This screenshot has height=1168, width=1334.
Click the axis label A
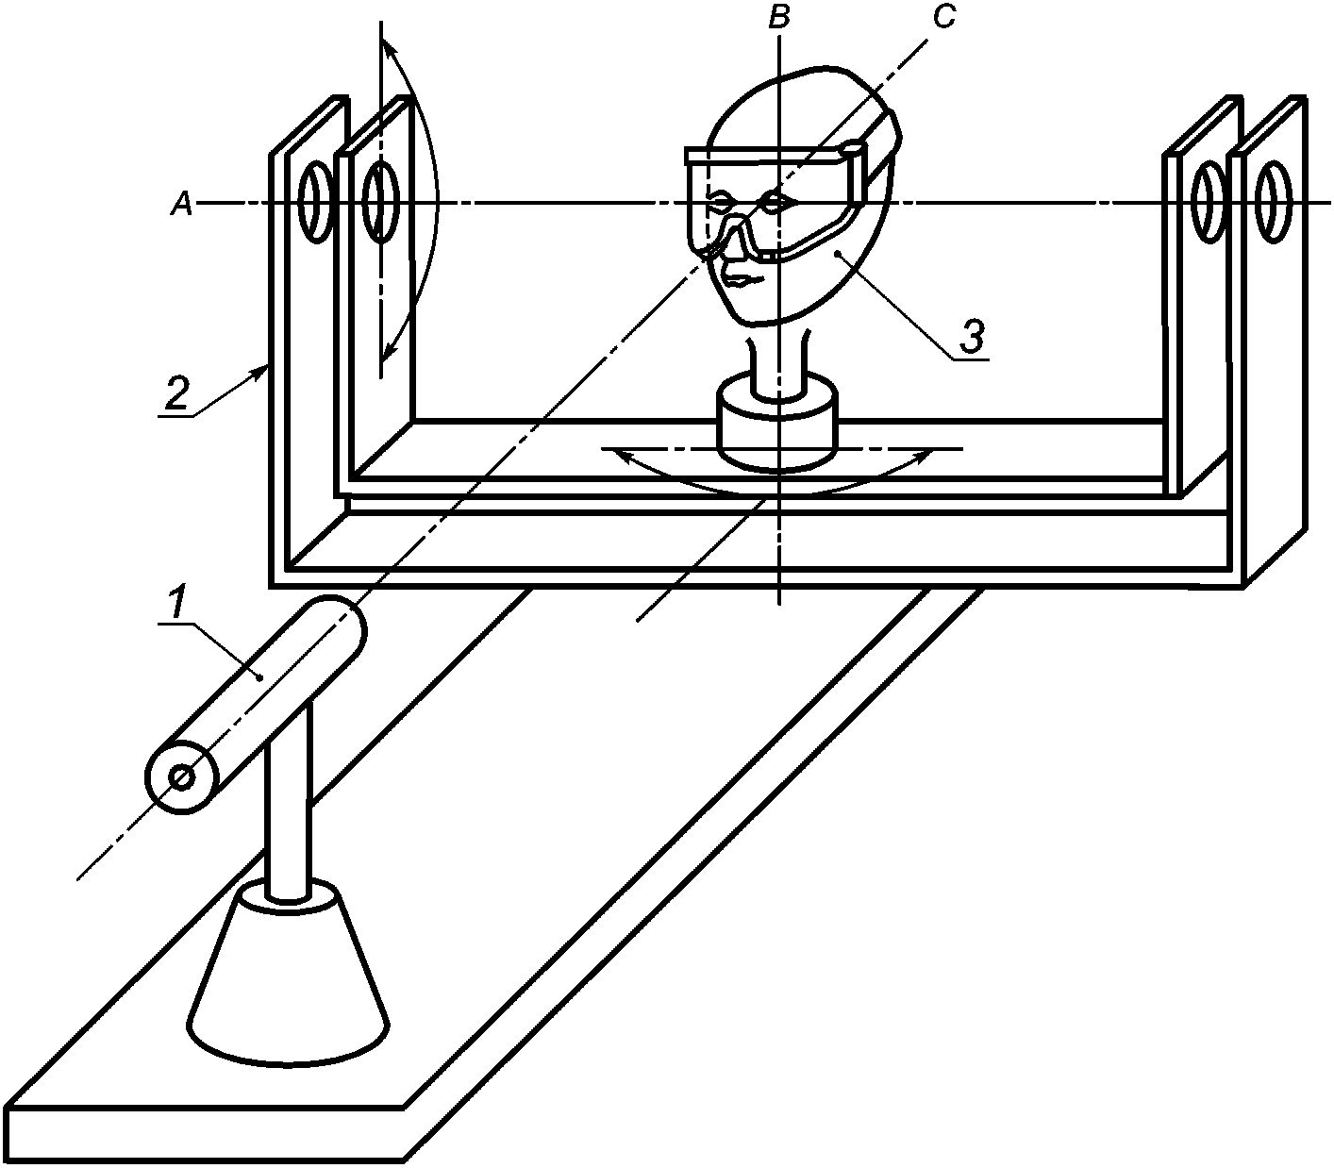[x=181, y=203]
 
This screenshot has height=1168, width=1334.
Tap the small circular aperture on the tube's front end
[x=182, y=777]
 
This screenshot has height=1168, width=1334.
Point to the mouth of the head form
[x=742, y=280]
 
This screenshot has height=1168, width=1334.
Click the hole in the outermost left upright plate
[x=315, y=201]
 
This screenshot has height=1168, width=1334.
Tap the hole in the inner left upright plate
[x=379, y=201]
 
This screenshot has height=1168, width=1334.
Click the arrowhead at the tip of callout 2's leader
[x=261, y=372]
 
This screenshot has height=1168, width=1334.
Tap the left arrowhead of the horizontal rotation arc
[x=618, y=455]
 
